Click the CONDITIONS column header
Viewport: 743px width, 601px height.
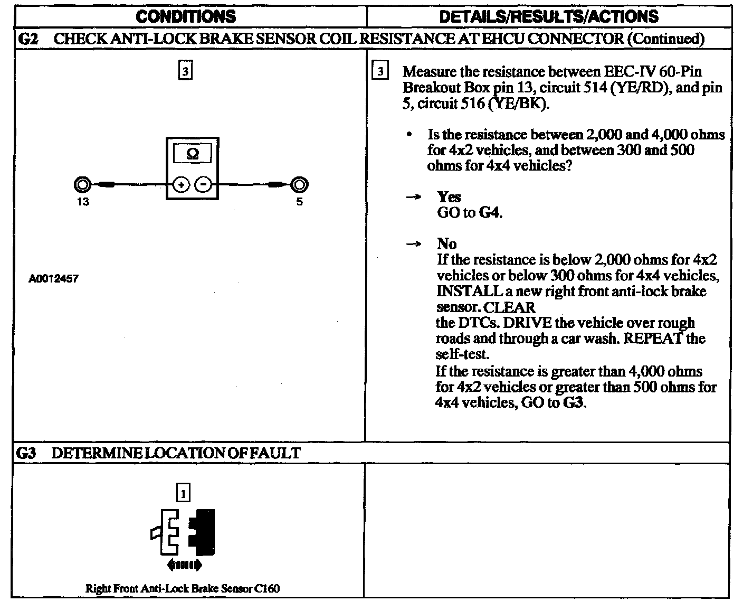(186, 16)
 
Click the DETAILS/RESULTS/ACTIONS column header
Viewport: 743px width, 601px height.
(548, 16)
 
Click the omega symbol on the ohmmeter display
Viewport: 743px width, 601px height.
(193, 154)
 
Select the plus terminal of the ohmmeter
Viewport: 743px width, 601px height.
(181, 185)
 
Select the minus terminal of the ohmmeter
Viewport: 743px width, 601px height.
(204, 185)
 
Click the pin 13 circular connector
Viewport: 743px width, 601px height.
(82, 185)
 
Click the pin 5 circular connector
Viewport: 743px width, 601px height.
(299, 185)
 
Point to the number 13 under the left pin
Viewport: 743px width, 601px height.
(83, 202)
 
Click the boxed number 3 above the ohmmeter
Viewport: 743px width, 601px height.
(185, 71)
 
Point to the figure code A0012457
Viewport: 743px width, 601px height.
(53, 278)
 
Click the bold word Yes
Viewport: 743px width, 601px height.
(449, 197)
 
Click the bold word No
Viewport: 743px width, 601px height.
(447, 243)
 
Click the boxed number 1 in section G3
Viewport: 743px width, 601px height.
(183, 493)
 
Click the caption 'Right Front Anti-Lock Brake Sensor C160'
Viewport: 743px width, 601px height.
(183, 588)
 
